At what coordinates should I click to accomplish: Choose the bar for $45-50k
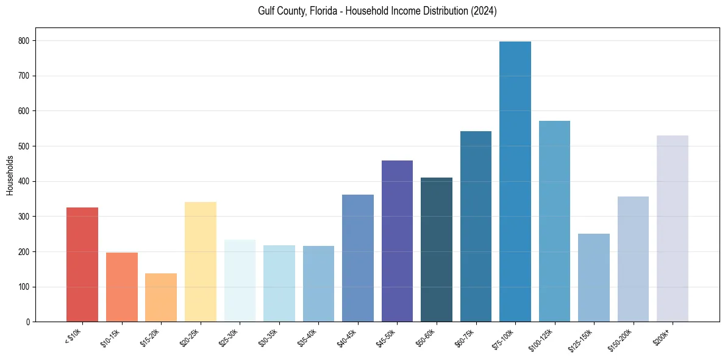point(397,241)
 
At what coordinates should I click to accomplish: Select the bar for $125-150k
point(594,278)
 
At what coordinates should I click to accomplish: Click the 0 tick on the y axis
point(29,322)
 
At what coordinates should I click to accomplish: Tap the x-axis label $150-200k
point(621,339)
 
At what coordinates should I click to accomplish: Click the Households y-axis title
point(10,175)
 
